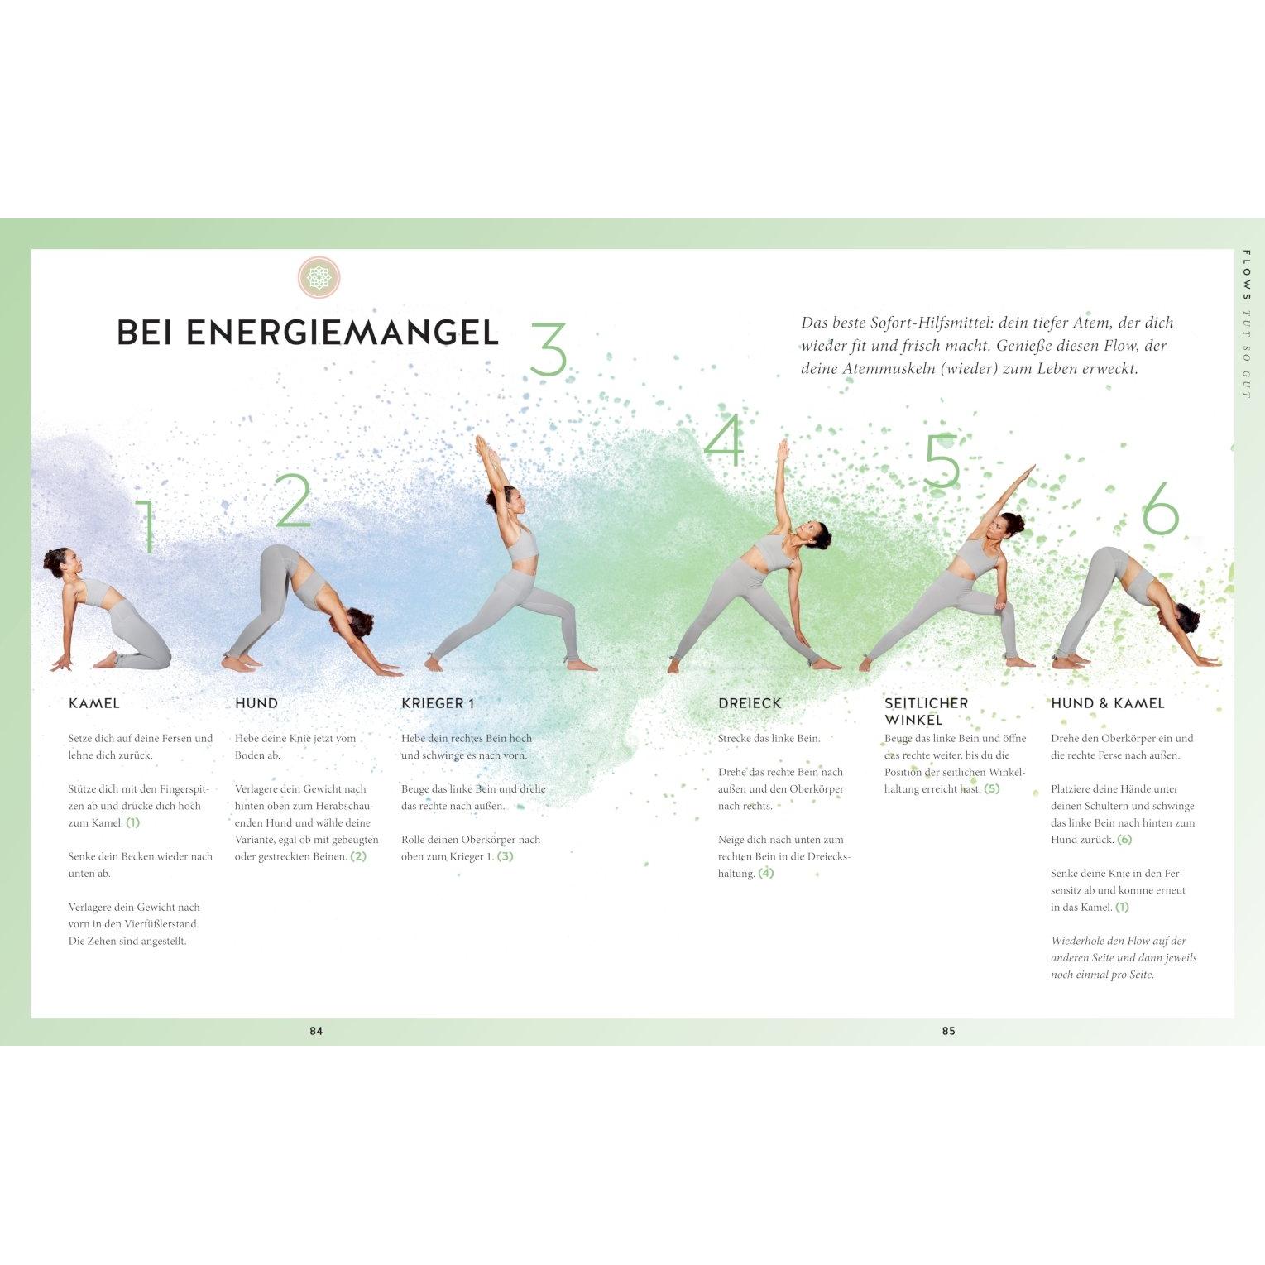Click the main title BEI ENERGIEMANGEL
click(308, 332)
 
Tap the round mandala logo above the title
click(319, 276)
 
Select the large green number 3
click(548, 349)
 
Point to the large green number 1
click(147, 526)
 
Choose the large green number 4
click(724, 440)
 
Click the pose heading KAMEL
click(94, 703)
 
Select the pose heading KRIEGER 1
click(438, 703)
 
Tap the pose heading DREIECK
click(750, 703)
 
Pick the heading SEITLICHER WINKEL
click(926, 712)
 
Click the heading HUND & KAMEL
click(1108, 703)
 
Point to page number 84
click(316, 1031)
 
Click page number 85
click(948, 1031)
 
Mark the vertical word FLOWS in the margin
click(1247, 275)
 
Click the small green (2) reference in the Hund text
click(358, 856)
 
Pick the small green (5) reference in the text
click(992, 788)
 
